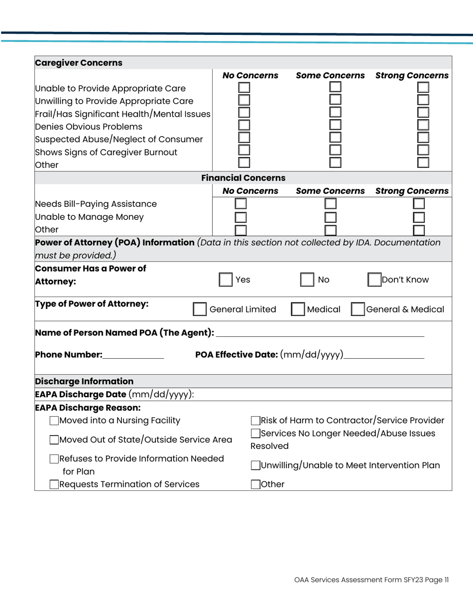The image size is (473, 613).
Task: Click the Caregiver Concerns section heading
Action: [x=79, y=63]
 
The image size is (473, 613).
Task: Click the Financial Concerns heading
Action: [x=243, y=177]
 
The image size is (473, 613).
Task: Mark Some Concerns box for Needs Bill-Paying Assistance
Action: [x=331, y=204]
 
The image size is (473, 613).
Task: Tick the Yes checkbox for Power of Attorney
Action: [x=226, y=280]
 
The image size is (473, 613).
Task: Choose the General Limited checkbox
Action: [x=199, y=309]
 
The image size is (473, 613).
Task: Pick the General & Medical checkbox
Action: [x=358, y=309]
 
